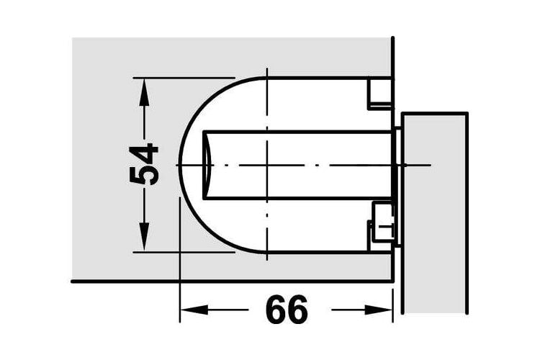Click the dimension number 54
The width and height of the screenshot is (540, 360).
tap(144, 166)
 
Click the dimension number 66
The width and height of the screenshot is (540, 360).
tap(287, 309)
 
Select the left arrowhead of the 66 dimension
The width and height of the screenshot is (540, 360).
tap(194, 310)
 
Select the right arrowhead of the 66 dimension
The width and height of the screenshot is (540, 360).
tap(378, 310)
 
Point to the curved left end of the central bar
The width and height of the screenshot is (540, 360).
tap(207, 165)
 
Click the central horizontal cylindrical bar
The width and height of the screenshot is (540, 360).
tap(298, 165)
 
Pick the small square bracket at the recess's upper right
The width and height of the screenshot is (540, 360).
tap(380, 93)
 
